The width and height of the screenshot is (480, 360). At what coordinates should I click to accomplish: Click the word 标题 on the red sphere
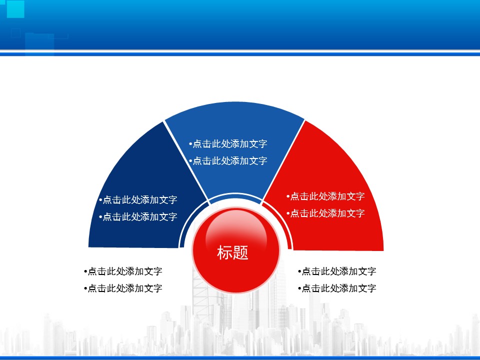pyautogui.click(x=232, y=253)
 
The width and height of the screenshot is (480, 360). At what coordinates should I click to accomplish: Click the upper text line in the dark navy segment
pyautogui.click(x=138, y=200)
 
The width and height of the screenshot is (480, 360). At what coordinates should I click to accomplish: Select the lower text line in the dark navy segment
pyautogui.click(x=138, y=216)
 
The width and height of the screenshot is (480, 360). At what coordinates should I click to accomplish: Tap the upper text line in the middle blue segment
pyautogui.click(x=228, y=143)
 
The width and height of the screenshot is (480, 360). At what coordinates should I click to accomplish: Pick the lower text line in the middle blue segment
pyautogui.click(x=228, y=160)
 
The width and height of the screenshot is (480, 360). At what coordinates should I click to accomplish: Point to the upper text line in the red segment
pyautogui.click(x=325, y=196)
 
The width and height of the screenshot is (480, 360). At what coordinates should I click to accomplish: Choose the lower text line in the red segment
pyautogui.click(x=325, y=213)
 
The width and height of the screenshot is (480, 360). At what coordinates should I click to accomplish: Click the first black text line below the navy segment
pyautogui.click(x=123, y=271)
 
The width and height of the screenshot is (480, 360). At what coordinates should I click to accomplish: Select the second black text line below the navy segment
pyautogui.click(x=123, y=288)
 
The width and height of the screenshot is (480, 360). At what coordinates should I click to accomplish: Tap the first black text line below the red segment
pyautogui.click(x=337, y=271)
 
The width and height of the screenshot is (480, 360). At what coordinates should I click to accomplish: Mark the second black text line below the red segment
pyautogui.click(x=337, y=288)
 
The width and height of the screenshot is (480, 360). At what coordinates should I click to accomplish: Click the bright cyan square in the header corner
pyautogui.click(x=15, y=9)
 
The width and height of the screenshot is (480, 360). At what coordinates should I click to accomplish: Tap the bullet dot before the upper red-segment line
pyautogui.click(x=288, y=196)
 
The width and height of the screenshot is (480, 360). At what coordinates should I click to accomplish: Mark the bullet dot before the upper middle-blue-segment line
pyautogui.click(x=190, y=143)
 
